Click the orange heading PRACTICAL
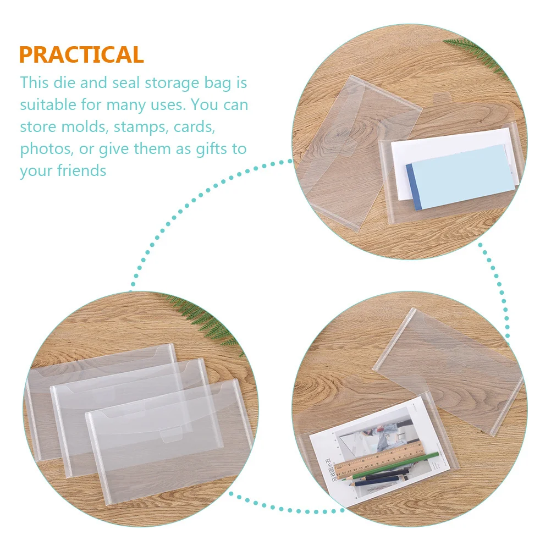pos(81,55)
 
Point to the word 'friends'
pos(81,170)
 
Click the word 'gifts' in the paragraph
pos(216,149)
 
